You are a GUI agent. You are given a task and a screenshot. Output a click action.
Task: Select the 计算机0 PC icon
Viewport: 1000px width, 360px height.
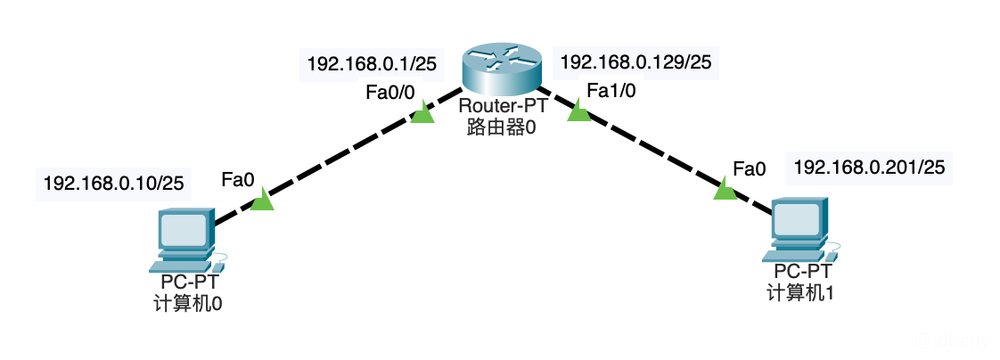pyautogui.click(x=184, y=239)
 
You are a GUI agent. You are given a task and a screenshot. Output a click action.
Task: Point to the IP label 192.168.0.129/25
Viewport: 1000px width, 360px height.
pyautogui.click(x=634, y=62)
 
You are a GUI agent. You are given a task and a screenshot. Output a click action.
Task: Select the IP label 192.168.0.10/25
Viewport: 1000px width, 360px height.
pyautogui.click(x=114, y=184)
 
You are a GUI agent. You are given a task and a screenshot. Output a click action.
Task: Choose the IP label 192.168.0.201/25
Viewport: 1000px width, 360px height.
pyautogui.click(x=869, y=167)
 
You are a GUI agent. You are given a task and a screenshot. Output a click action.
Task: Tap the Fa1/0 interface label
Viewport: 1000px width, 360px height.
pyautogui.click(x=611, y=89)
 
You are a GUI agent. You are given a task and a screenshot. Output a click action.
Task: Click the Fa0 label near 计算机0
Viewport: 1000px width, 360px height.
pyautogui.click(x=238, y=180)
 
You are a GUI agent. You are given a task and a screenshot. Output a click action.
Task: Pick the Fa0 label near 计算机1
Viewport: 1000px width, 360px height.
pyautogui.click(x=749, y=168)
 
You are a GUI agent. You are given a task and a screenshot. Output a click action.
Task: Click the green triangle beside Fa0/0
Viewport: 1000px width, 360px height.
pyautogui.click(x=423, y=114)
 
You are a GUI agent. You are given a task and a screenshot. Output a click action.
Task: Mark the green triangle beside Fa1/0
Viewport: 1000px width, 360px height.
pyautogui.click(x=578, y=112)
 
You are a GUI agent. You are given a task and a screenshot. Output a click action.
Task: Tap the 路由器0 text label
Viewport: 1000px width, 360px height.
pyautogui.click(x=501, y=127)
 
